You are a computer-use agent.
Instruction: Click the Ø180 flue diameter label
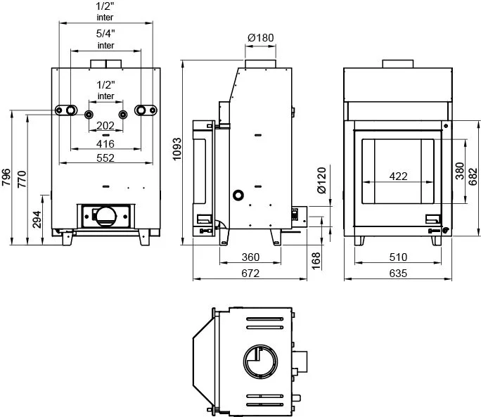pyautogui.click(x=260, y=38)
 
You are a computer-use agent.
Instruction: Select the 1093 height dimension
pyautogui.click(x=177, y=149)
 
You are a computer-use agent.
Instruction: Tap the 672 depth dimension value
pyautogui.click(x=250, y=273)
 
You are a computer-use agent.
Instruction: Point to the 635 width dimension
pyautogui.click(x=398, y=273)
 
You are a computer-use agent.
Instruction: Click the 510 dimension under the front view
pyautogui.click(x=398, y=257)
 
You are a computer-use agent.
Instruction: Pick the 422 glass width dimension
pyautogui.click(x=398, y=176)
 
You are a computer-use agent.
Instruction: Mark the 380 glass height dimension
pyautogui.click(x=459, y=171)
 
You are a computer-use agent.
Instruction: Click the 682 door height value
pyautogui.click(x=473, y=177)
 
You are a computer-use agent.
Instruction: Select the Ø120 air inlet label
pyautogui.click(x=321, y=181)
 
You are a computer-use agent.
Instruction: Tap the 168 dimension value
pyautogui.click(x=316, y=261)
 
